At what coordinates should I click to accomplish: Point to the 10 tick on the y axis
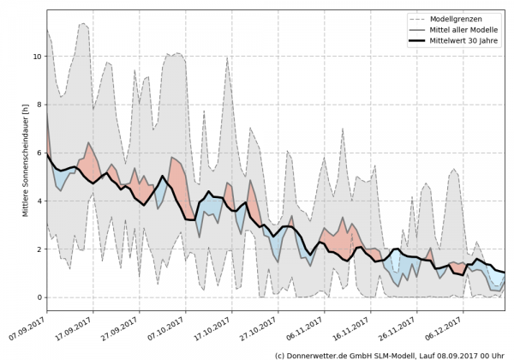pyautogui.click(x=37, y=57)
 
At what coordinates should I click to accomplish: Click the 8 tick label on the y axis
pyautogui.click(x=38, y=105)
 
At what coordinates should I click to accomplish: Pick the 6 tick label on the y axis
pyautogui.click(x=38, y=153)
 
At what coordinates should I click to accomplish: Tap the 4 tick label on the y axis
pyautogui.click(x=38, y=201)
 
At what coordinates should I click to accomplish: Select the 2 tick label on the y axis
pyautogui.click(x=38, y=249)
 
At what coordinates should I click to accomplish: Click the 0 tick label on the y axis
pyautogui.click(x=38, y=297)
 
